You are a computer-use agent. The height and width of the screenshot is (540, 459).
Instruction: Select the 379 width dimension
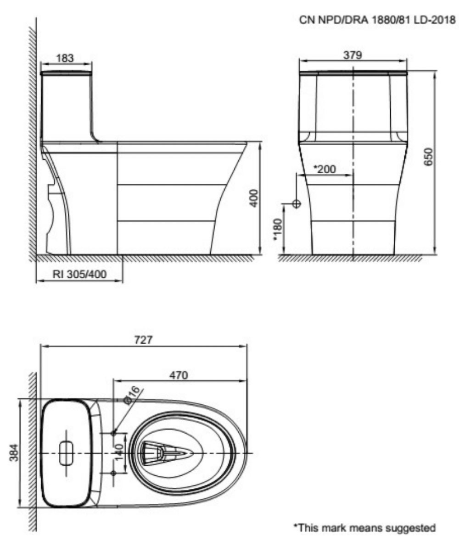353,55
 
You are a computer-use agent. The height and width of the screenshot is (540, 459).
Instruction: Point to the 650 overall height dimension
430,157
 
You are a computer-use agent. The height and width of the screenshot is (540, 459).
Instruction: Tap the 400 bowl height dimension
255,198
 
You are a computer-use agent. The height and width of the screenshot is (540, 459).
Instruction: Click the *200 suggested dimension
325,169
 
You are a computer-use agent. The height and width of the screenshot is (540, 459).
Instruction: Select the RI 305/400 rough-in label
79,274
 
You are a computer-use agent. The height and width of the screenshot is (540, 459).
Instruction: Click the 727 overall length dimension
143,340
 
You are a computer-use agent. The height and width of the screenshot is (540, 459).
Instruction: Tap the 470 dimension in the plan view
179,375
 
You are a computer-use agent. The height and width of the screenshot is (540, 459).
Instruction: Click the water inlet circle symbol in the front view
297,203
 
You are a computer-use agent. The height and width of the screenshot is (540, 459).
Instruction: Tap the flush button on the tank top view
67,453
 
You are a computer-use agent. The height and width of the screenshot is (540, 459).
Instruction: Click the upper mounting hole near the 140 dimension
114,433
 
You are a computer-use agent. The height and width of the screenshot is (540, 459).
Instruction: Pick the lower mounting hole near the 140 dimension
114,473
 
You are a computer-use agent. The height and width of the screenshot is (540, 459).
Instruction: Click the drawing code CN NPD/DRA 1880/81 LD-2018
377,20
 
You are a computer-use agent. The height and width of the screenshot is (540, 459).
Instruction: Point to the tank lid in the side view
66,73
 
